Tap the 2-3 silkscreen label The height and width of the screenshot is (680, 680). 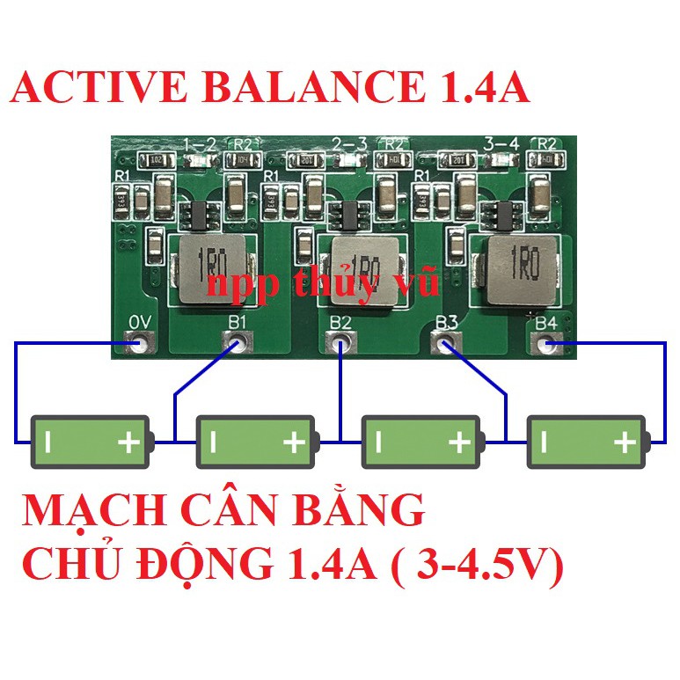[351, 143]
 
